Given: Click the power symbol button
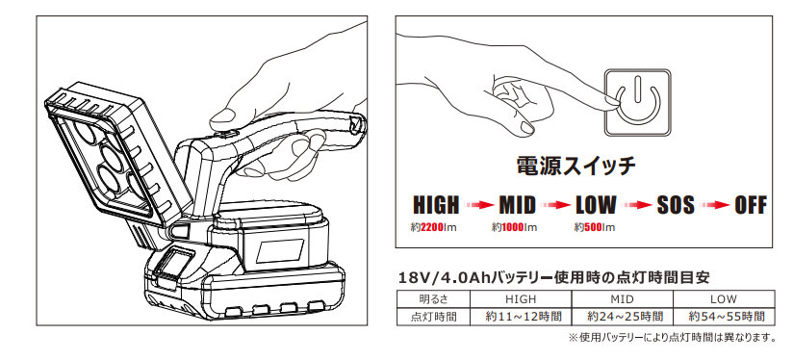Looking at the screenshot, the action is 638,103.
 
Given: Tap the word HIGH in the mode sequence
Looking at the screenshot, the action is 437,205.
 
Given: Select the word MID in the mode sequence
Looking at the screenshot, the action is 518,205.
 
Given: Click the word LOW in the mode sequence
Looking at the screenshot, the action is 597,205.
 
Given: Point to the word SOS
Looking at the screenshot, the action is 676,205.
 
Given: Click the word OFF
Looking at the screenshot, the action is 751,205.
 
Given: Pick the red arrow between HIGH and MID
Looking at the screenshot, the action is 479,205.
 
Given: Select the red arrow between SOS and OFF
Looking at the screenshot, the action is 715,205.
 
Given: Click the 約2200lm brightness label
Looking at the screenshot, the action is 433,227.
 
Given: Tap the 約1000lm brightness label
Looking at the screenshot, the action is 514,227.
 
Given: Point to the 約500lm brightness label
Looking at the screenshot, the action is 595,227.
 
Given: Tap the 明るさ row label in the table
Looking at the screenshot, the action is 434,298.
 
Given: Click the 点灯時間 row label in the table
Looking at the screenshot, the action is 433,317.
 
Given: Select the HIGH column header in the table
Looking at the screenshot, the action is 521,298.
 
